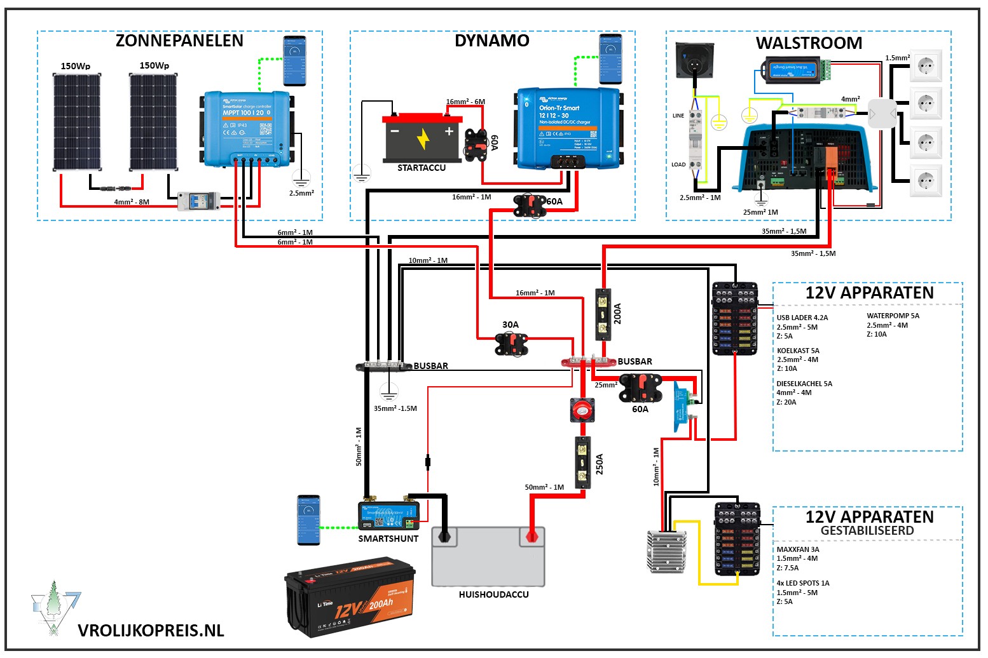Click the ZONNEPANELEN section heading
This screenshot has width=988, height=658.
tap(179, 41)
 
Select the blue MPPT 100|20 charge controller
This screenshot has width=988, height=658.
tap(247, 130)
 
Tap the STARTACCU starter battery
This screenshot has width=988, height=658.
tap(422, 138)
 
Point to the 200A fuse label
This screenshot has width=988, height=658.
tap(617, 314)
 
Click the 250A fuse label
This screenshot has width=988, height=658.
tap(599, 464)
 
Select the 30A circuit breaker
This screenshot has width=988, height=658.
tap(511, 343)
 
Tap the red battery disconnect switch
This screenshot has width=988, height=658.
tap(582, 410)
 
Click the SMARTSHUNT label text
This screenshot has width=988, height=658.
tap(388, 539)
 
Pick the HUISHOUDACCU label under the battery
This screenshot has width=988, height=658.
tap(493, 594)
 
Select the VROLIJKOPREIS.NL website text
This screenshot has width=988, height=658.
tap(151, 631)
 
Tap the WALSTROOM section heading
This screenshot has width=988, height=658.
tap(809, 43)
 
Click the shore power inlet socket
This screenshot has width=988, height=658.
tap(694, 60)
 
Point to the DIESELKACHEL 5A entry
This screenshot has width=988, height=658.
tap(804, 384)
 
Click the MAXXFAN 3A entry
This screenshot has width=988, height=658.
tap(798, 549)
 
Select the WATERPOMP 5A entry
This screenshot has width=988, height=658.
tap(893, 316)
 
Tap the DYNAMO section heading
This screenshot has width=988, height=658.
tap(491, 41)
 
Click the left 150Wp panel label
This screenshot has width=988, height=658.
tap(75, 66)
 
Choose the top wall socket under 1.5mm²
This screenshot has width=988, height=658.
tap(925, 65)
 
